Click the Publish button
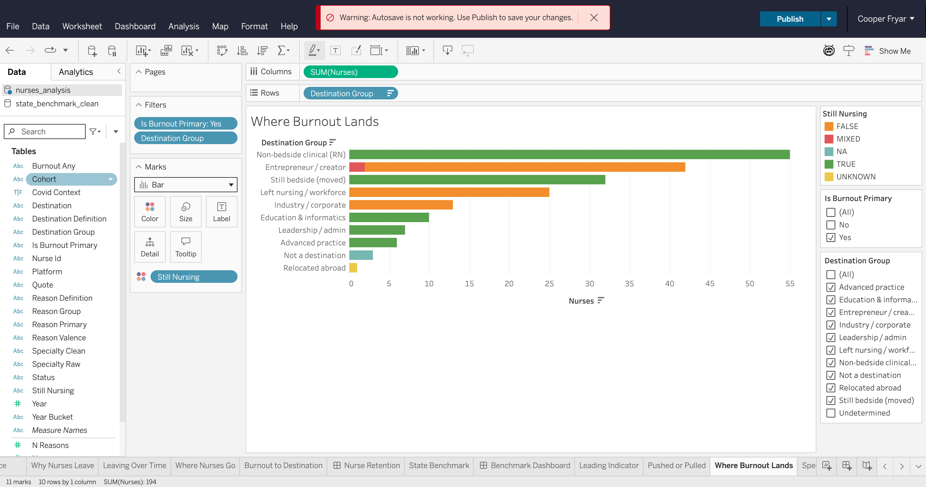pos(790,19)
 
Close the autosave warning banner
pos(594,18)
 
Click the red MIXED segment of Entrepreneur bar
pos(357,167)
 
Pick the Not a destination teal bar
pos(361,255)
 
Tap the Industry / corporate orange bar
pos(401,205)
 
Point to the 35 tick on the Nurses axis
pos(629,284)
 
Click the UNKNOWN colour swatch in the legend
pos(829,177)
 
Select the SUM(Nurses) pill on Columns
pos(351,72)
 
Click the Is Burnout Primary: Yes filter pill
pos(186,124)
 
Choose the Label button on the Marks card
pos(221,211)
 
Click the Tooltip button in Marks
pos(186,247)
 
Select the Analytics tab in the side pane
pos(76,72)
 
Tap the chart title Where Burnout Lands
pos(315,121)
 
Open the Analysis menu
pos(184,26)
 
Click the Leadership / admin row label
pos(312,230)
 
